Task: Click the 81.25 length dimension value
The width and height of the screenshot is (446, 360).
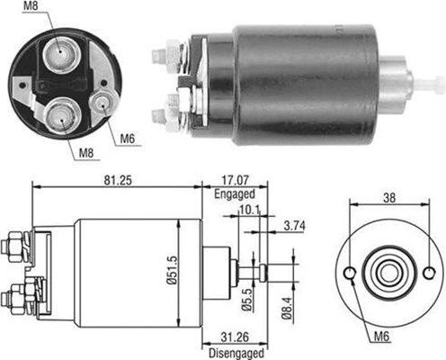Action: pyautogui.click(x=118, y=180)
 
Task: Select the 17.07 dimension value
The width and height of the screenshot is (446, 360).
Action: pyautogui.click(x=235, y=180)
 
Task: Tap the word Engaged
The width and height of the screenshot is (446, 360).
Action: pyautogui.click(x=235, y=193)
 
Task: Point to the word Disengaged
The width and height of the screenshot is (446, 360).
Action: pyautogui.click(x=236, y=353)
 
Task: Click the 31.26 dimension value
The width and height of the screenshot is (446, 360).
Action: pyautogui.click(x=236, y=337)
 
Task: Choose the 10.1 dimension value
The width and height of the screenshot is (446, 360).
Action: pyautogui.click(x=249, y=210)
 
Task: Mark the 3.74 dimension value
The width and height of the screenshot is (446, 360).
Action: pyautogui.click(x=294, y=226)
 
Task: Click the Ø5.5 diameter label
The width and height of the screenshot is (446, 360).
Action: pyautogui.click(x=246, y=300)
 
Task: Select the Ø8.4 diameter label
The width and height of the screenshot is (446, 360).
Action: pyautogui.click(x=287, y=309)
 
